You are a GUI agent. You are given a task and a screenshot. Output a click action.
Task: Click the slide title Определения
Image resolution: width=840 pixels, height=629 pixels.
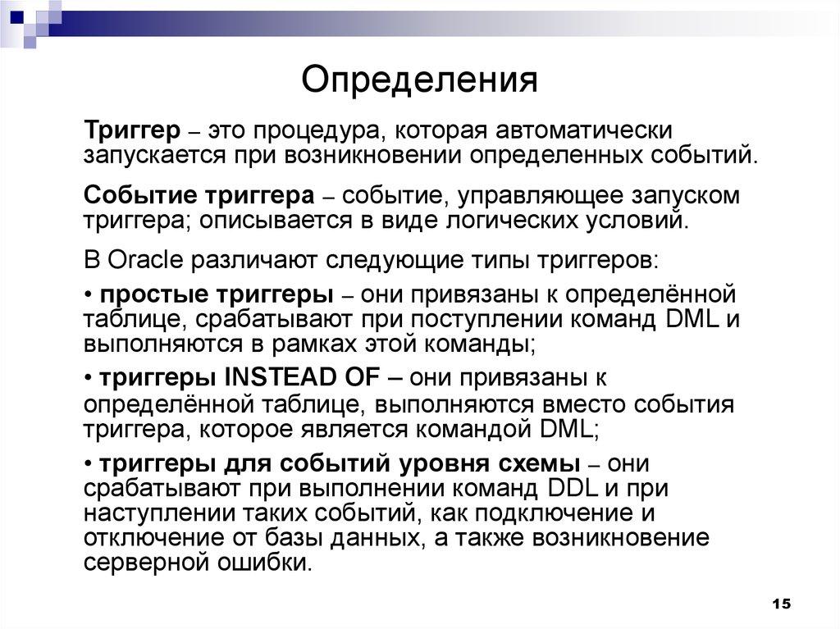click(x=419, y=81)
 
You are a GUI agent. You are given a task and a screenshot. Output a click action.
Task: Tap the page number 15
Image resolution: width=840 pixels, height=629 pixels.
click(x=780, y=604)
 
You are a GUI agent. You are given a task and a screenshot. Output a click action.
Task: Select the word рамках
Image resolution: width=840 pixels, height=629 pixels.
click(x=297, y=343)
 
